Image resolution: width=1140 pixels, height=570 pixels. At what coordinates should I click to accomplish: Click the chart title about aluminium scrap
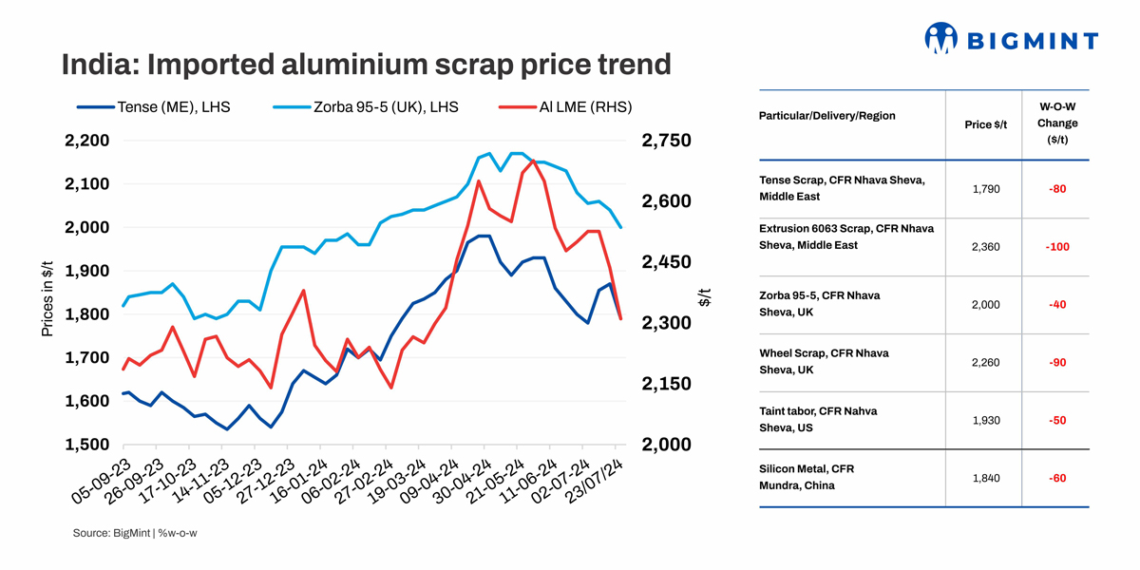point(366,65)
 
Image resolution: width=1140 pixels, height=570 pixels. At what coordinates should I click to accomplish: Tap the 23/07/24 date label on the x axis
point(593,486)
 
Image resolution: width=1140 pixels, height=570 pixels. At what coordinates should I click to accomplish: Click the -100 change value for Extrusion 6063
point(1056,247)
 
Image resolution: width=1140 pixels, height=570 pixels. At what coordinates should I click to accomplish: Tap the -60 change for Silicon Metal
point(1056,478)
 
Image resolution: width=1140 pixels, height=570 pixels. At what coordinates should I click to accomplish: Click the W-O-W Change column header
point(1056,123)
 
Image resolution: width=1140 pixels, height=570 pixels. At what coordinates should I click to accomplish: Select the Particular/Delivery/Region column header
point(826,116)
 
